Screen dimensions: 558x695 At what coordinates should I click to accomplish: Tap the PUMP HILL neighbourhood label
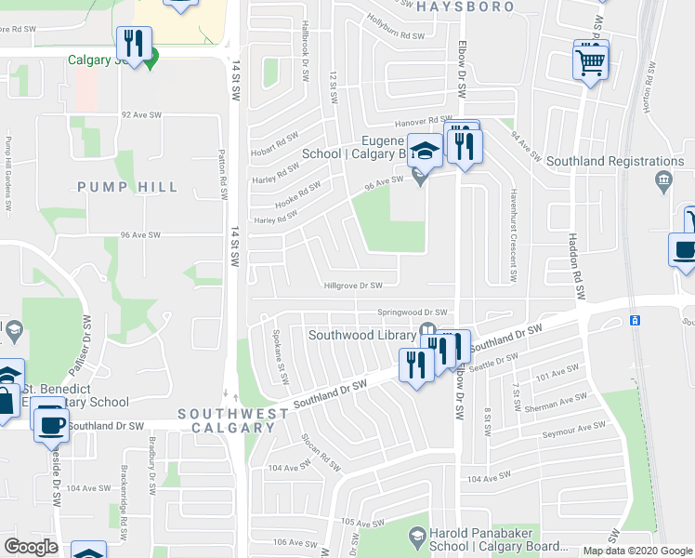click(127, 187)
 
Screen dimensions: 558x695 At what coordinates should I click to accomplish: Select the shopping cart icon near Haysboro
click(590, 62)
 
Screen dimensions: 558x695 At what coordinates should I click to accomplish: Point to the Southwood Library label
click(361, 335)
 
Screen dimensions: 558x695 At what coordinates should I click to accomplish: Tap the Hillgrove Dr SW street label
click(352, 286)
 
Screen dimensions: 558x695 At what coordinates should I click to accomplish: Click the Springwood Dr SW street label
click(413, 312)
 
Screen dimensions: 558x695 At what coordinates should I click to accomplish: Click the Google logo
click(31, 547)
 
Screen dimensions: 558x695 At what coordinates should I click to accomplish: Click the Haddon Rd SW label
click(577, 265)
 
